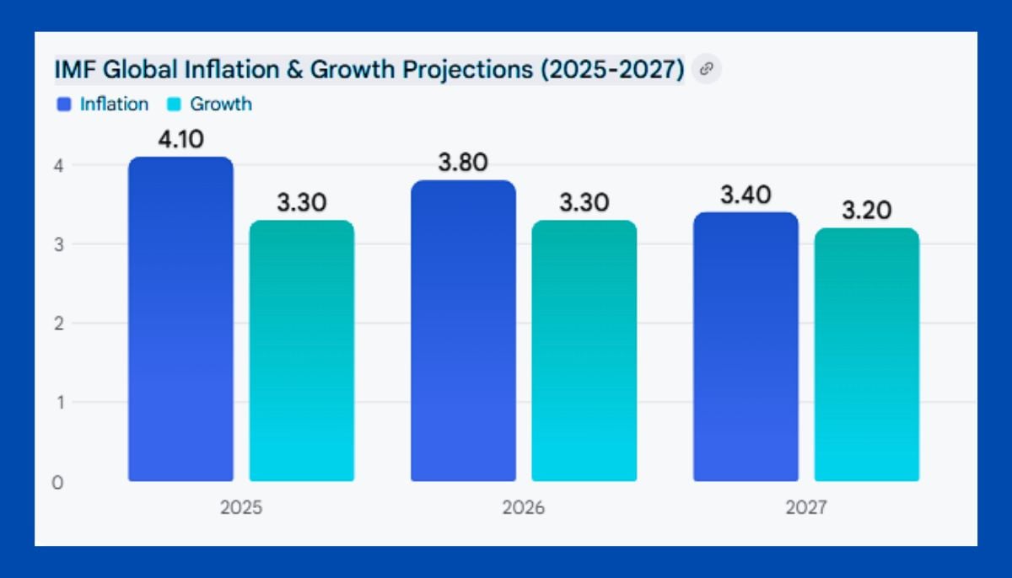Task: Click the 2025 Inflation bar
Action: coord(180,320)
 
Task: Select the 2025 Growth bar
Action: coord(301,351)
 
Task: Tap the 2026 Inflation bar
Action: coord(463,331)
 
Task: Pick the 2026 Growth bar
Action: coord(584,351)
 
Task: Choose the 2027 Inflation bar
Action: coord(746,347)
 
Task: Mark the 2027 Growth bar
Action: coord(866,355)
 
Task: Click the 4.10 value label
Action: coord(180,139)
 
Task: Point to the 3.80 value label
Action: coord(463,163)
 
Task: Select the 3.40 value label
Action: coord(746,195)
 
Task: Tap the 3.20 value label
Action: coord(866,211)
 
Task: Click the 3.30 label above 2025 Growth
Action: coord(301,203)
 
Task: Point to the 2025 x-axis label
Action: coord(241,508)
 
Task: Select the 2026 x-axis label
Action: coord(524,508)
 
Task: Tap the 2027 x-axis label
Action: coord(806,508)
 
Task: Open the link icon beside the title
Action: coord(707,70)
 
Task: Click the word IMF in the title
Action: coord(74,70)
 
